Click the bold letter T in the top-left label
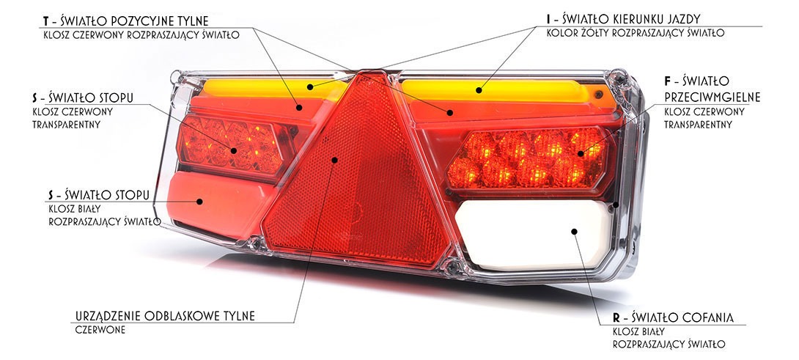pos(46,21)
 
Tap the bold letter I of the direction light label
pos(548,19)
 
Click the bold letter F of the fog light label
pos(668,81)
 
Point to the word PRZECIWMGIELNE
pos(713,97)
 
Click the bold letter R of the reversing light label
pos(616,318)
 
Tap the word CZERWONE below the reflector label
pos(100,330)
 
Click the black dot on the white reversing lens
pos(574,231)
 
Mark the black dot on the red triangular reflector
pos(334,160)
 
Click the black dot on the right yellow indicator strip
pos(479,90)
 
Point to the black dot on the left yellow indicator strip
pos(310,87)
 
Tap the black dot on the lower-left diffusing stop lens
pos(199,202)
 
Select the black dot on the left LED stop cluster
pos(233,150)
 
